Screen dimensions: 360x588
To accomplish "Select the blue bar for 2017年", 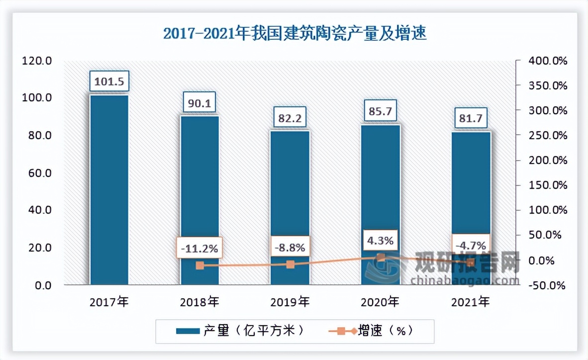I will [109, 189].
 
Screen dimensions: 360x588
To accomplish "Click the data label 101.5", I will [109, 81].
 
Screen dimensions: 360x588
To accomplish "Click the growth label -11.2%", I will [199, 248].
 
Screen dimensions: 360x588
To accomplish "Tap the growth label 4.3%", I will [381, 241].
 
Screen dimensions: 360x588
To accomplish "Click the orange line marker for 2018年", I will [199, 266].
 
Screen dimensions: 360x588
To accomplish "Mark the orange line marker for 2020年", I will [381, 258].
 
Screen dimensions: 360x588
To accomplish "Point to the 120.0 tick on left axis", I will [37, 61].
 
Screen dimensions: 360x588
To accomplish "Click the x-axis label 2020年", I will [381, 301].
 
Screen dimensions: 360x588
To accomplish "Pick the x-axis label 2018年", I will [199, 301].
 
